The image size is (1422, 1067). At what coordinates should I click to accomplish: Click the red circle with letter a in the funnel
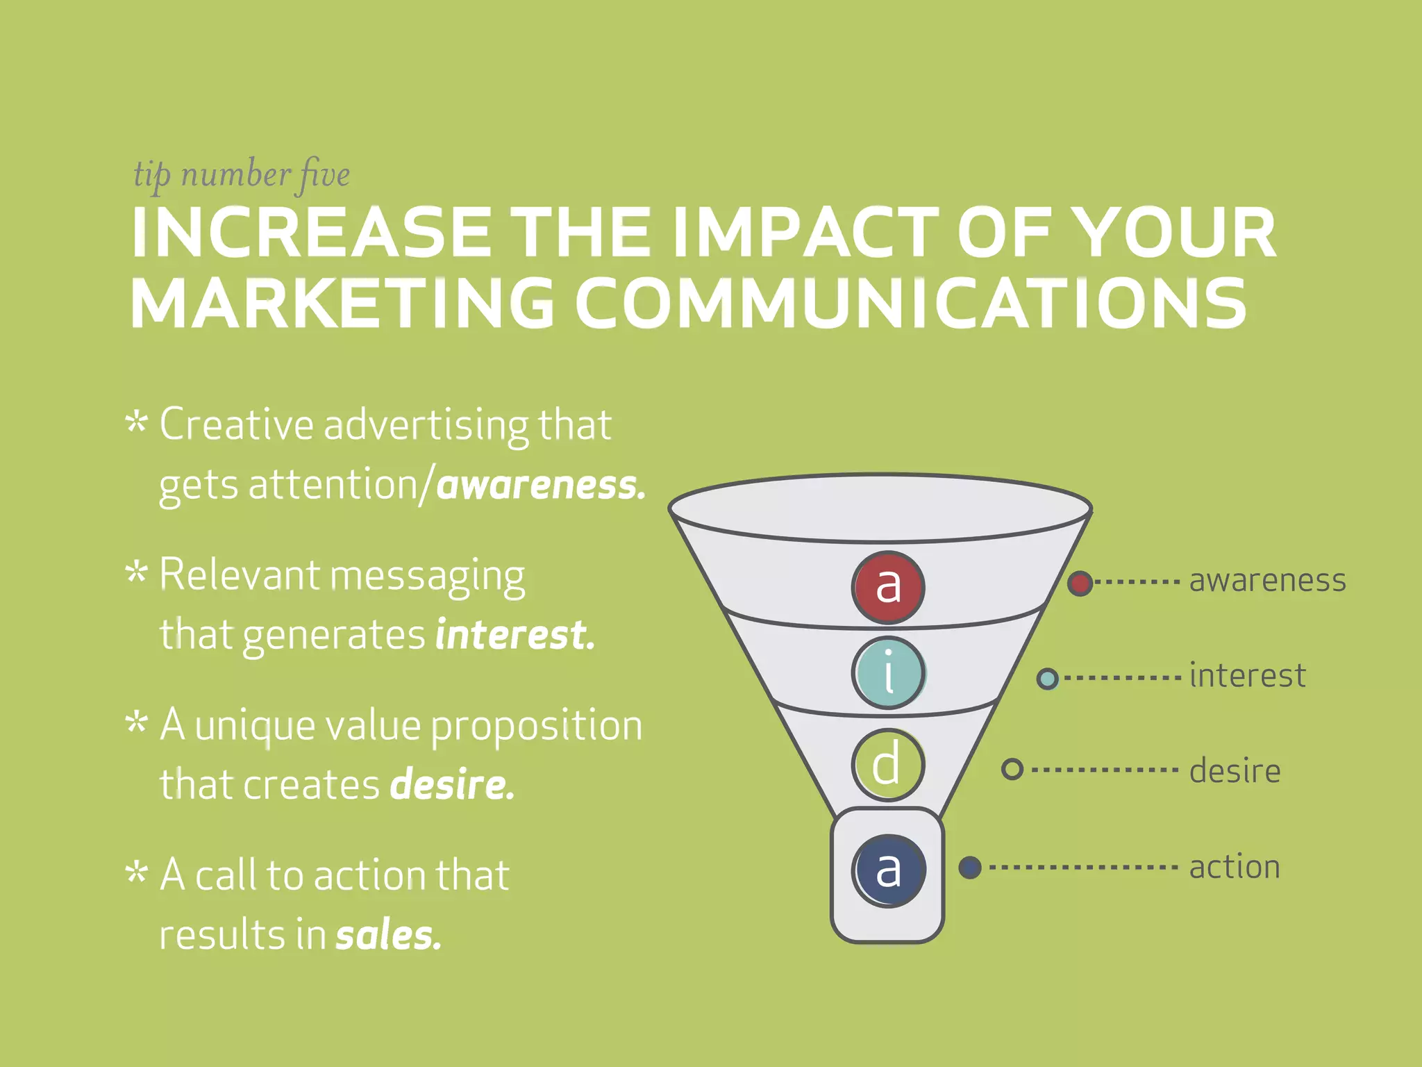click(888, 587)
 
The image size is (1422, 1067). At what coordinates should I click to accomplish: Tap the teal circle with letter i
click(888, 672)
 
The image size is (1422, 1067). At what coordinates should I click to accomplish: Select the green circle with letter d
click(888, 764)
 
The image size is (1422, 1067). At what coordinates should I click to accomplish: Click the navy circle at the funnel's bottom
click(888, 870)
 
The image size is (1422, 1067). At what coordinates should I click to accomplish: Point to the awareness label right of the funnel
click(1267, 581)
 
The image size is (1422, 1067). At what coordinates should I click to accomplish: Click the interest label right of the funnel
click(1247, 675)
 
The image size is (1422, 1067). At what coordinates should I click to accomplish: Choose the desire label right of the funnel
click(1235, 770)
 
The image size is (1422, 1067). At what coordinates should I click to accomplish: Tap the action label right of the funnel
click(1234, 867)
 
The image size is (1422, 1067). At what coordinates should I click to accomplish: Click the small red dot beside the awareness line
click(1080, 583)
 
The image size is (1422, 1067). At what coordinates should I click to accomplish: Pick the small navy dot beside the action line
click(970, 867)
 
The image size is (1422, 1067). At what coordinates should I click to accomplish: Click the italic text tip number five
click(242, 174)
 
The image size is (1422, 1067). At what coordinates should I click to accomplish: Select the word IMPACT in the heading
click(805, 233)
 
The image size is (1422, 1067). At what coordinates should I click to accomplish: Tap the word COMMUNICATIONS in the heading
click(910, 304)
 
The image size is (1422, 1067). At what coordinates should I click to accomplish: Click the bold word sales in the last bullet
click(388, 935)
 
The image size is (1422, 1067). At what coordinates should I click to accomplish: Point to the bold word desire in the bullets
click(452, 785)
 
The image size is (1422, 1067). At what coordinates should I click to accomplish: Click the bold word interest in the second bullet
click(515, 635)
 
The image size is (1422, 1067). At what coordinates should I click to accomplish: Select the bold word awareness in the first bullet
click(541, 485)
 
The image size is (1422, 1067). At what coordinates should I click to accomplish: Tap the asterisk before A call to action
click(137, 872)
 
